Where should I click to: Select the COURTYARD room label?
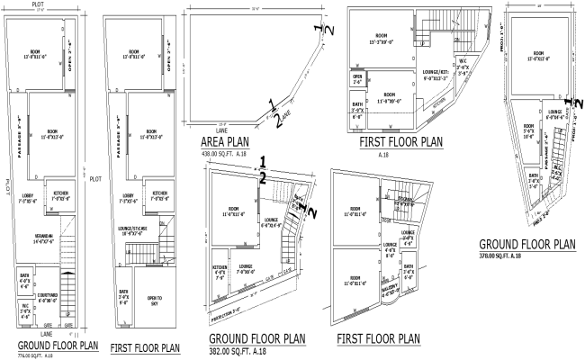click(x=48, y=296)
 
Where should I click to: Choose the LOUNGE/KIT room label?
click(x=427, y=76)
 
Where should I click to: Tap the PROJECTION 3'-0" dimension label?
click(x=227, y=315)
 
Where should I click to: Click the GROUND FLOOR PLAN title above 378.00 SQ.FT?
click(x=527, y=243)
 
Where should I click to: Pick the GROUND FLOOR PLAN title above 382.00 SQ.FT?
click(x=256, y=338)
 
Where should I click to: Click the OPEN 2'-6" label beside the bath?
click(x=357, y=78)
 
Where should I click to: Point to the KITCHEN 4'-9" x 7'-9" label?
click(x=219, y=271)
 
